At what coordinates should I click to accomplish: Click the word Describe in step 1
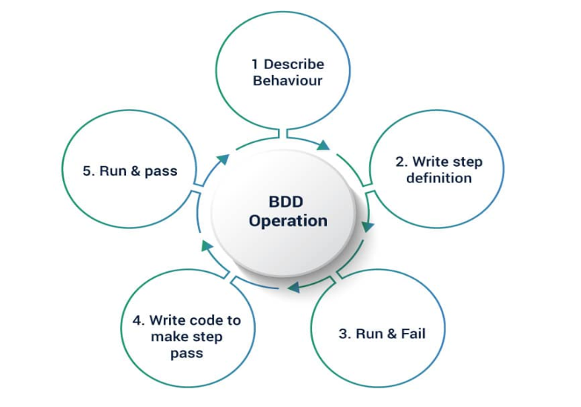coord(294,64)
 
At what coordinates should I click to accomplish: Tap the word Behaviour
coord(288,81)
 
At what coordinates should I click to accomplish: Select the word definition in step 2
coord(439,178)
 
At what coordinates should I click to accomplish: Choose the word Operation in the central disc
coord(288,221)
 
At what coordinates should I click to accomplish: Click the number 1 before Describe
coord(255,64)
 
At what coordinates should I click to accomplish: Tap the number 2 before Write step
coord(401,162)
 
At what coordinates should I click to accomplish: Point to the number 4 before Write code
coord(138,320)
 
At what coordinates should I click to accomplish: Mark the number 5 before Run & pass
coord(87,171)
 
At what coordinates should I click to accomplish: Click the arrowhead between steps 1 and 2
coord(323,145)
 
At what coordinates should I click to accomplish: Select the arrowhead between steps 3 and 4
coord(293,286)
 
